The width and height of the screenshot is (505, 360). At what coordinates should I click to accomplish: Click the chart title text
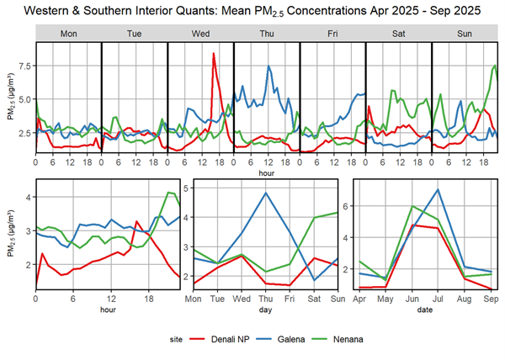click(x=252, y=12)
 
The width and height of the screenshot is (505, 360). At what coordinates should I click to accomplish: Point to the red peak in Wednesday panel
click(x=213, y=54)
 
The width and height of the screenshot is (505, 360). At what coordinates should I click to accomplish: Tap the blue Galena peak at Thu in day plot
click(x=267, y=193)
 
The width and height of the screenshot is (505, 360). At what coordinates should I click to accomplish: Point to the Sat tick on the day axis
click(x=314, y=299)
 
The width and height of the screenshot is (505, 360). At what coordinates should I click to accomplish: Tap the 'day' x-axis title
click(x=267, y=310)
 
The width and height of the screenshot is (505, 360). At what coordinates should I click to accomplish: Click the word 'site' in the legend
click(x=167, y=340)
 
